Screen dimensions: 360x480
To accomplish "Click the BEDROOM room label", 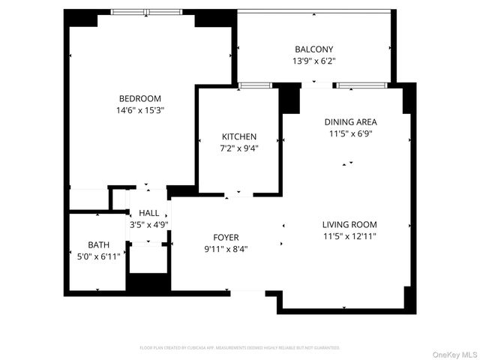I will (139, 98).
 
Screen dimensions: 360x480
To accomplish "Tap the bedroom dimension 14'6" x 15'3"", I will (139, 110).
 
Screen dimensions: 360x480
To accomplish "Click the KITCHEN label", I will (239, 136).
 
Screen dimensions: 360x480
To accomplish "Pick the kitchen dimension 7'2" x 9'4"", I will (239, 148).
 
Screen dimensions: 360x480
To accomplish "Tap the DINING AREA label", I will (350, 121).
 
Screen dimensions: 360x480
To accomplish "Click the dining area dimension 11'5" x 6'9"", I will (350, 133).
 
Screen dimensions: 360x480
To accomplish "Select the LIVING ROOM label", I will (349, 224).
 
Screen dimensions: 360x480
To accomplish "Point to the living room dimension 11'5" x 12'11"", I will (349, 236).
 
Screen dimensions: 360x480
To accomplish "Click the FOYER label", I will (226, 237).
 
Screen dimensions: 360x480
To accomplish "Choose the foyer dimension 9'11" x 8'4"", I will (226, 249).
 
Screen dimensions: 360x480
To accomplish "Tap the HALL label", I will (148, 213).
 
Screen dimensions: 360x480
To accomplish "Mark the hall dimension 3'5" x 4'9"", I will (148, 224).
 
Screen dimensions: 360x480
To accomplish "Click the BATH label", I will (98, 244).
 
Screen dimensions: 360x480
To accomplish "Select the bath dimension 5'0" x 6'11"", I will (98, 256).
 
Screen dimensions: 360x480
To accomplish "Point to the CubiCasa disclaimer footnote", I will (240, 348).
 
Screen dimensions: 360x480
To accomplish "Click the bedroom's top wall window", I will (147, 12).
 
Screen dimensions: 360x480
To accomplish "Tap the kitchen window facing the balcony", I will (255, 85).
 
